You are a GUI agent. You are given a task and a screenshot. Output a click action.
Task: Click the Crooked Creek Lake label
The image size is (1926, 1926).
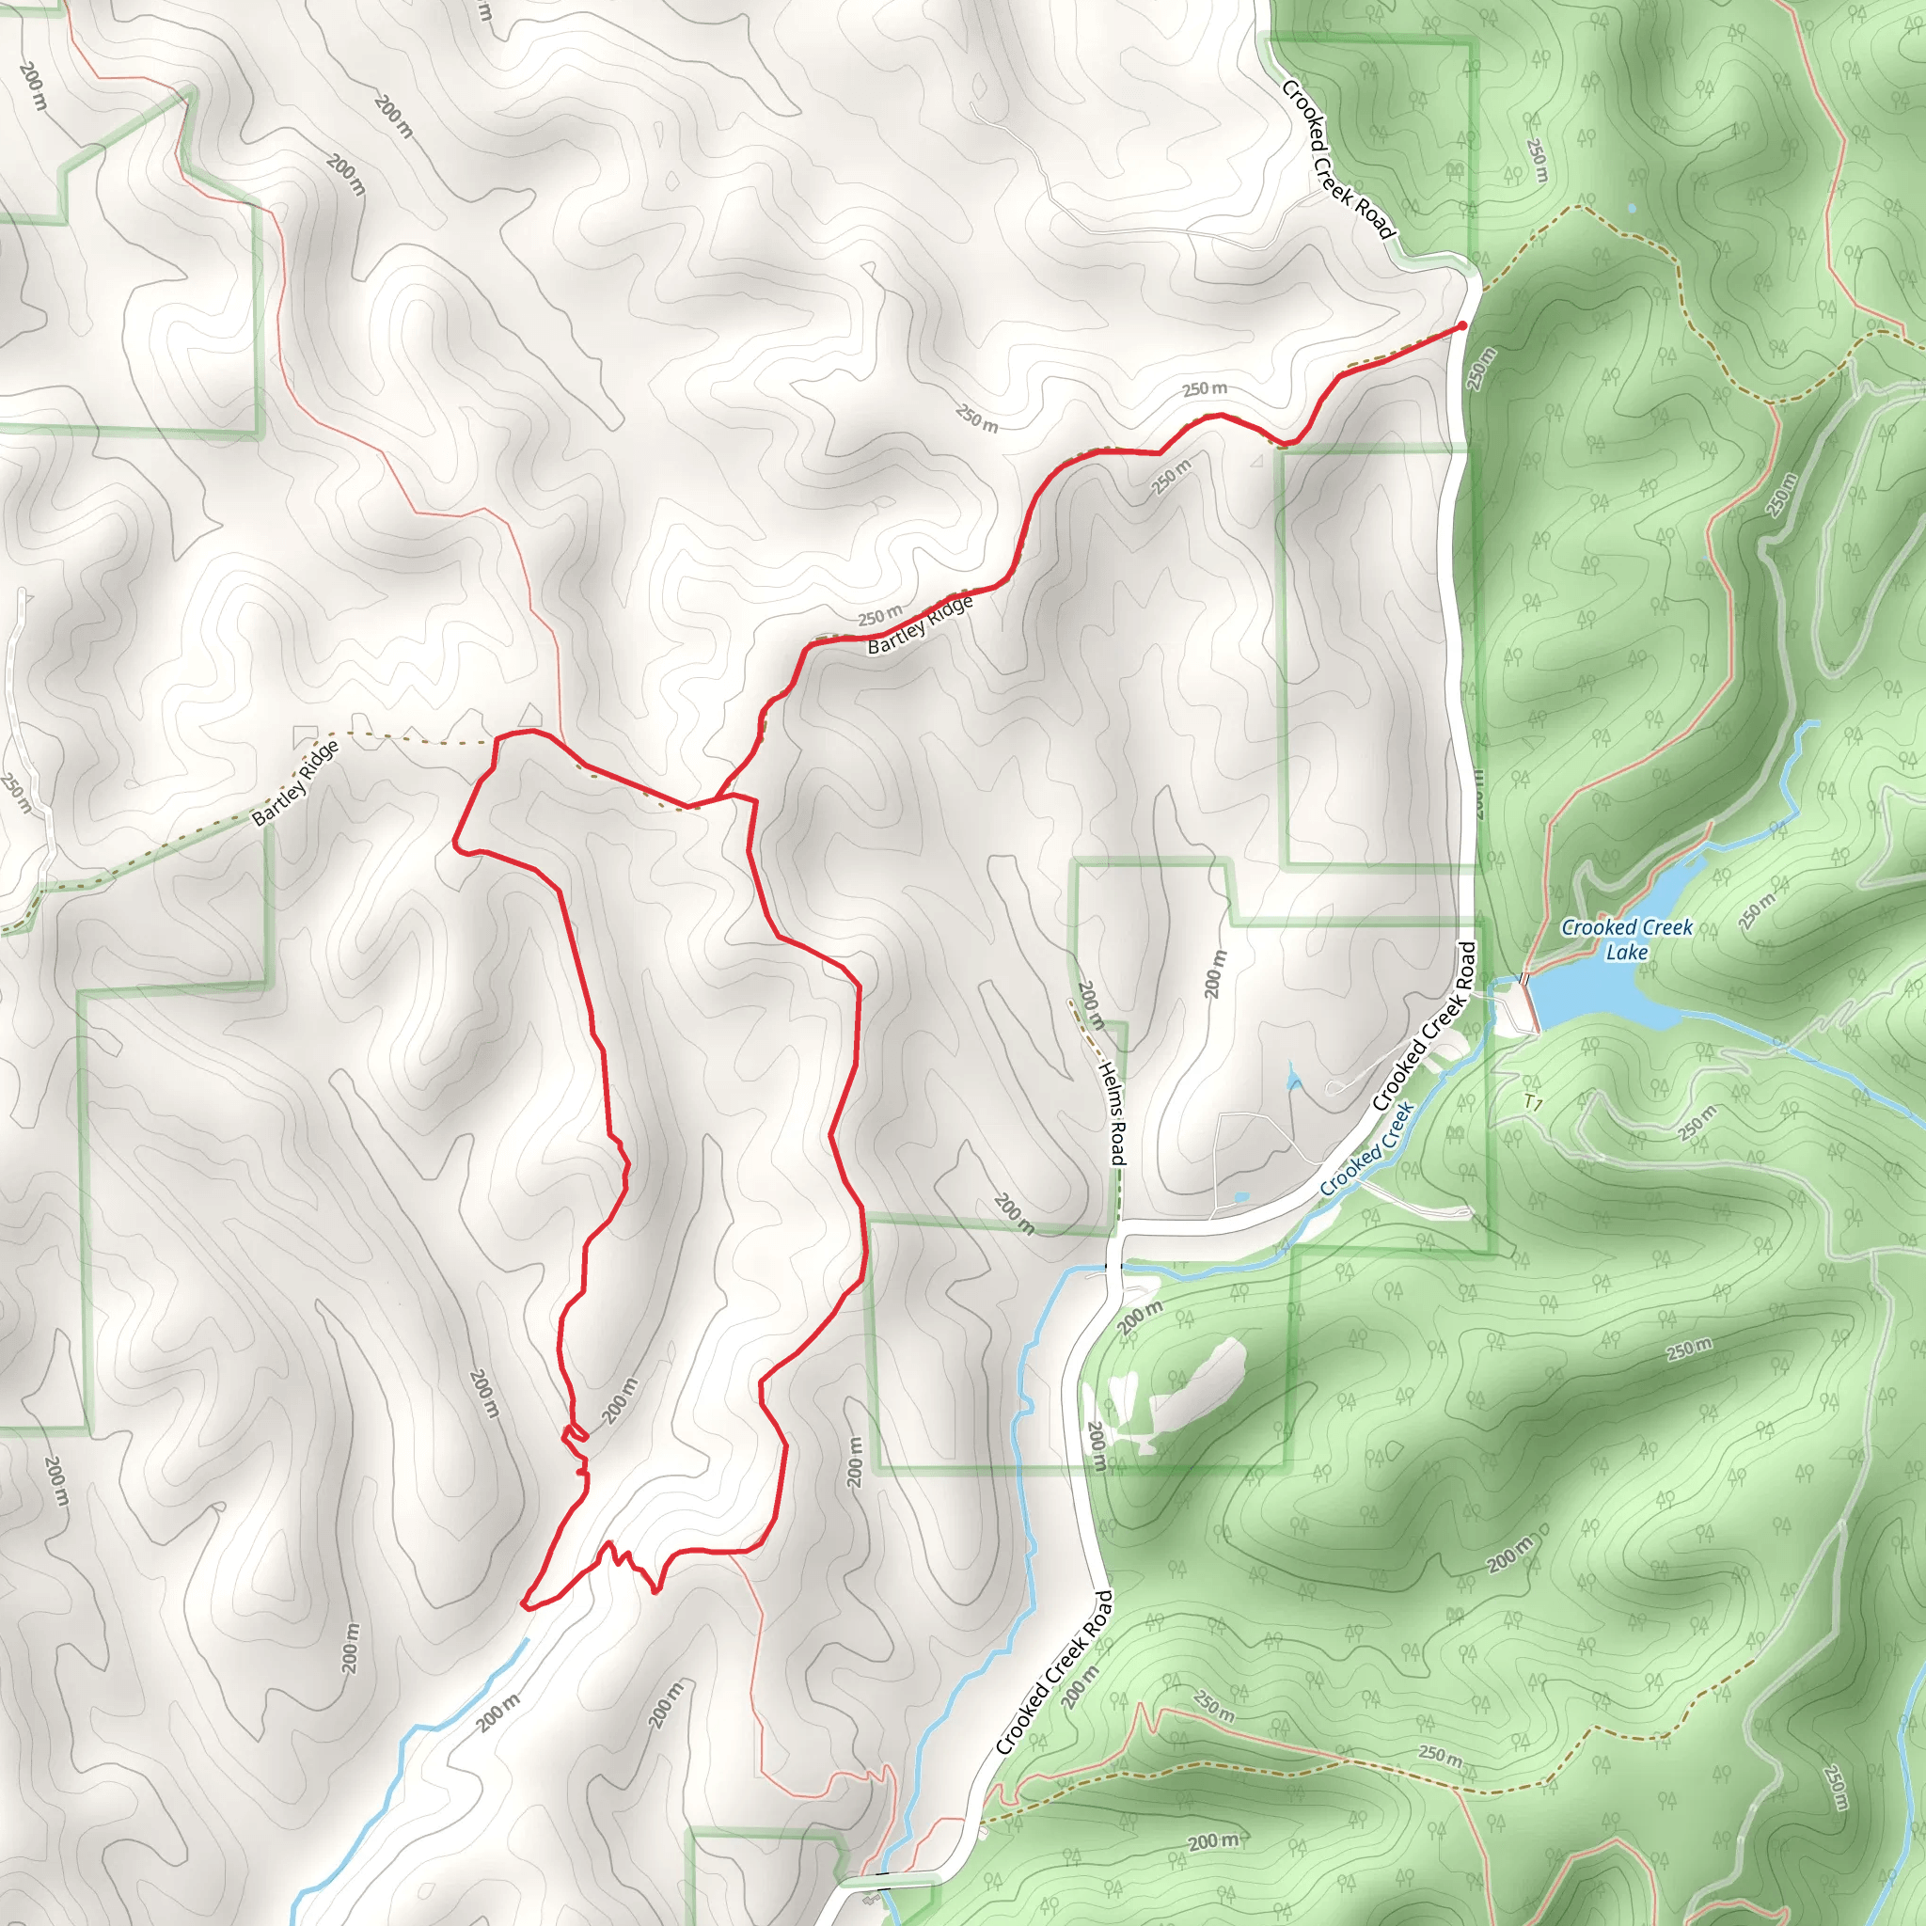click(1626, 939)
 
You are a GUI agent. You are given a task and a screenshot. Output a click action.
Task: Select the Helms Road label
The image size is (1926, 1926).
click(1113, 1113)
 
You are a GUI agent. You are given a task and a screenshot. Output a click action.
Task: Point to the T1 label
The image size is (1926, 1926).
click(1533, 1103)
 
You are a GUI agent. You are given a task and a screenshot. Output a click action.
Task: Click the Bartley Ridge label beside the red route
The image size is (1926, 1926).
click(919, 626)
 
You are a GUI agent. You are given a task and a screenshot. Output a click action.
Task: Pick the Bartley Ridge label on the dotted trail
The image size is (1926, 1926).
click(295, 783)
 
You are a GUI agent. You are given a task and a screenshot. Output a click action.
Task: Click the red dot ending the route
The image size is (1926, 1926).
click(1461, 326)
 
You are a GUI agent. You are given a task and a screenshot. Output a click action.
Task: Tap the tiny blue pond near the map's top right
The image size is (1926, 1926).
click(1630, 210)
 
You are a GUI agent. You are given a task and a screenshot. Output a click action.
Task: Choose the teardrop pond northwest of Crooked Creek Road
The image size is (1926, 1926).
click(1293, 1077)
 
